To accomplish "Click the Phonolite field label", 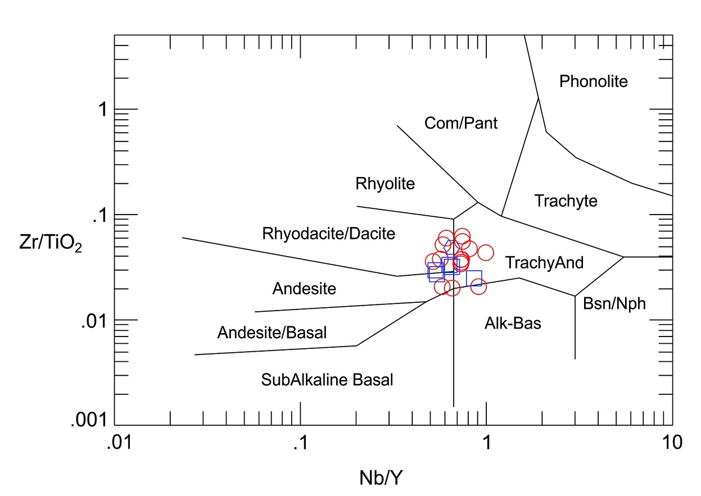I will [593, 82].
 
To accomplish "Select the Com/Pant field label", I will [461, 122].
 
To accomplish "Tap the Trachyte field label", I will [566, 201].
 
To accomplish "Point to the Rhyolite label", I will [385, 183].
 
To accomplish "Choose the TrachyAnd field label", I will [544, 262].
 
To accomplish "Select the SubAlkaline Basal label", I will [327, 380].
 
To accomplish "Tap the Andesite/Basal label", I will [272, 333].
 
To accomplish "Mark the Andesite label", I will [304, 289].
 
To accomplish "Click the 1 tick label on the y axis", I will [103, 110].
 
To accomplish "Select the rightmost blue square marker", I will [474, 279].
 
